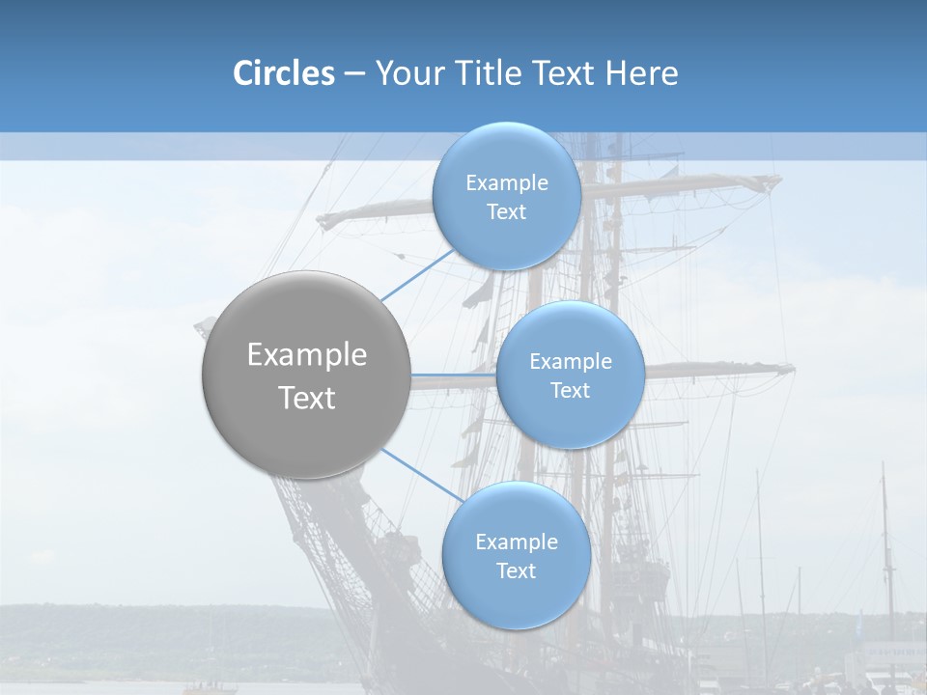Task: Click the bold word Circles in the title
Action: click(x=284, y=73)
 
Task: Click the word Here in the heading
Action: click(x=641, y=73)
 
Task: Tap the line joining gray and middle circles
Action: click(x=452, y=375)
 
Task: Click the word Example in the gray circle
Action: click(x=307, y=355)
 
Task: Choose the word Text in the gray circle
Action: click(x=307, y=398)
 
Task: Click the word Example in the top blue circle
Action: click(x=507, y=183)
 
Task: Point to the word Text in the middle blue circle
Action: click(x=570, y=391)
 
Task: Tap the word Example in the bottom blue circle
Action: click(x=517, y=542)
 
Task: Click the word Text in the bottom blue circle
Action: click(x=517, y=571)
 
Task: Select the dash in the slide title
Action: click(x=354, y=73)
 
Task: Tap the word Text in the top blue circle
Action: click(x=507, y=212)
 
